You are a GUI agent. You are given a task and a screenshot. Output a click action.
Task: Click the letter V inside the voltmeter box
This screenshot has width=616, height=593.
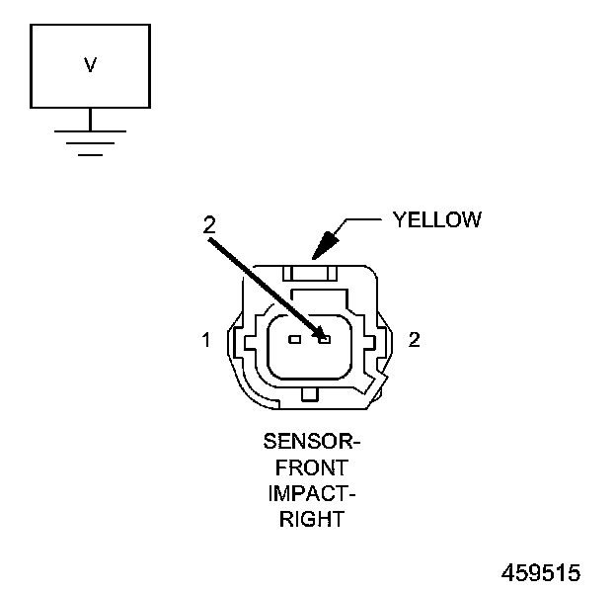(x=90, y=66)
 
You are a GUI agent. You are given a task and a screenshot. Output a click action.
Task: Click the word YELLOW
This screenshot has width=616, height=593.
(x=436, y=219)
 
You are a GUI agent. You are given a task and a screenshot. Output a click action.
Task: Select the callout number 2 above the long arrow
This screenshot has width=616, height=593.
(x=208, y=224)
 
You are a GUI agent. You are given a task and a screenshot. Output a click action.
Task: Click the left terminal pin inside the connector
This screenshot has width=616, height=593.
(x=293, y=339)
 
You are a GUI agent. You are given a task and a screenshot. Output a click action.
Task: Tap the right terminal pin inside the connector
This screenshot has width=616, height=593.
(x=323, y=339)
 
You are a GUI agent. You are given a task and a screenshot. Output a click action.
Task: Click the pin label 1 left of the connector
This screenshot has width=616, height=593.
(x=206, y=340)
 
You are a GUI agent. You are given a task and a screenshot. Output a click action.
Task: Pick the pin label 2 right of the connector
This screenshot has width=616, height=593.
(x=415, y=340)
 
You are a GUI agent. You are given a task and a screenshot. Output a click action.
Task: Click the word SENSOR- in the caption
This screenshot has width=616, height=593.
(x=311, y=441)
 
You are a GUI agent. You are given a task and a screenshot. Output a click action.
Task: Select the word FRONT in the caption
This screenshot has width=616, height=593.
(x=312, y=466)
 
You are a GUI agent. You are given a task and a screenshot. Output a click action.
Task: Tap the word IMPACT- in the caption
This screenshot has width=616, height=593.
(x=312, y=492)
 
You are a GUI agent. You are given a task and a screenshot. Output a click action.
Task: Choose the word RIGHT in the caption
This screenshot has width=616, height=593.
(x=312, y=518)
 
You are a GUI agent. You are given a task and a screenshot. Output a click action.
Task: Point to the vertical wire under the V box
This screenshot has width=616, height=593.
(x=90, y=119)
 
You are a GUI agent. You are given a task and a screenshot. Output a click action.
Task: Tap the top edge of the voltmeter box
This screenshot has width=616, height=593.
(x=90, y=25)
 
